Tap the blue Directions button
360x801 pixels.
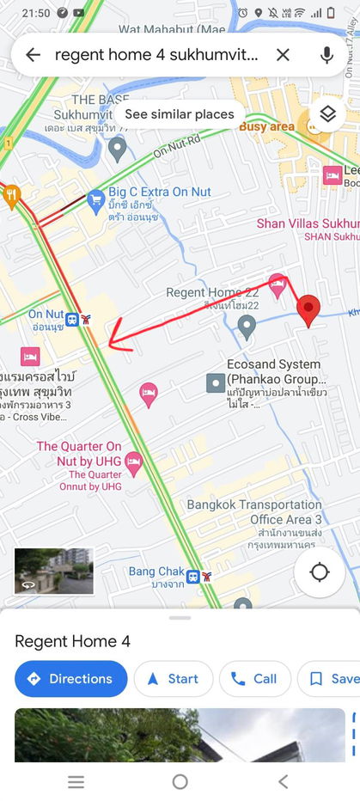point(70,679)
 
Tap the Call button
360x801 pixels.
point(253,679)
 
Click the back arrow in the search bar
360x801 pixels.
point(33,55)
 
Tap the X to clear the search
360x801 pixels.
point(283,55)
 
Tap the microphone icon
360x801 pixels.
point(326,55)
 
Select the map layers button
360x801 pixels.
point(326,113)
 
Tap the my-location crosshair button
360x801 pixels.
point(320,572)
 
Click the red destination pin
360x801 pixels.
point(308,309)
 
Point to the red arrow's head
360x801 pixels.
point(110,345)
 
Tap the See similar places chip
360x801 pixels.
point(179,114)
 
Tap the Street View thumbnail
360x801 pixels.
point(53,571)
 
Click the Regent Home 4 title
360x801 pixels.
point(72,641)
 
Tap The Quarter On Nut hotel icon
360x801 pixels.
point(133,464)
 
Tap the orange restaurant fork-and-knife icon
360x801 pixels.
point(11,196)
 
